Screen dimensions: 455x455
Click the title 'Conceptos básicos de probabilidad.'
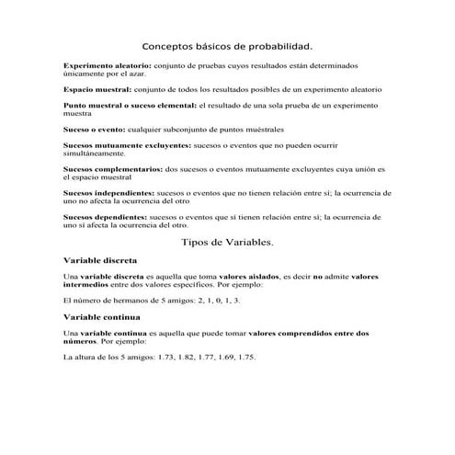[x=227, y=45]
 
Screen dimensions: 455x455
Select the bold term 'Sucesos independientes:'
[x=108, y=193]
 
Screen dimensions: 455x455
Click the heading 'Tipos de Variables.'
[x=227, y=242]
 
